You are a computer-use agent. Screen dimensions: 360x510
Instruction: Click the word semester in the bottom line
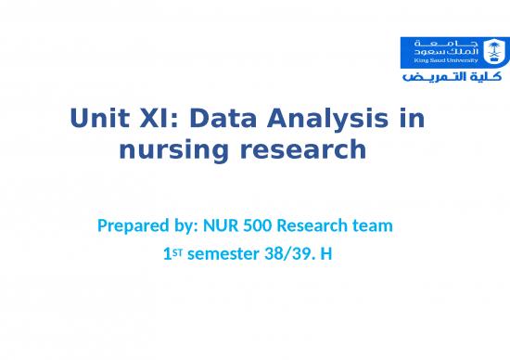(x=223, y=250)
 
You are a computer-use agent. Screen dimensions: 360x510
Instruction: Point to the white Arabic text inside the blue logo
(x=448, y=47)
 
